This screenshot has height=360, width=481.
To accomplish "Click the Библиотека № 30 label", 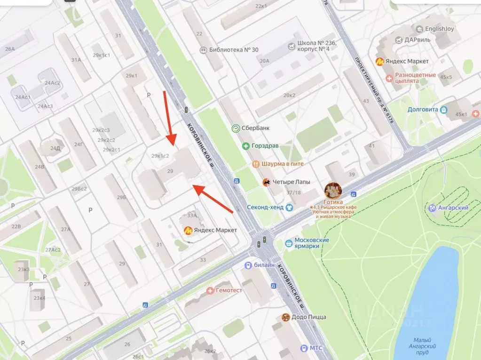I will coord(234,50).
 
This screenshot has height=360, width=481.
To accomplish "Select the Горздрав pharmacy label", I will coord(264,146).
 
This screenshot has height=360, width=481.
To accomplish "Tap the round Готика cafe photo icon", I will coord(333,189).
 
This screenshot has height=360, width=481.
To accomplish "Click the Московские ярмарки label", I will coord(312,243).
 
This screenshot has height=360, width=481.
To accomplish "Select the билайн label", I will coord(265,265).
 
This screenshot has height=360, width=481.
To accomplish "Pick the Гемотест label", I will coord(229,290).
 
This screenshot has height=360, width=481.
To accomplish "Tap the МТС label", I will coord(316,348).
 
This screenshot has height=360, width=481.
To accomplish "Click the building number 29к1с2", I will coord(160,156).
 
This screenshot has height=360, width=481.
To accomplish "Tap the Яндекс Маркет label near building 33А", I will coord(216,230).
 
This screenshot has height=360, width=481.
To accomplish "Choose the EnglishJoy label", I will coord(439,29).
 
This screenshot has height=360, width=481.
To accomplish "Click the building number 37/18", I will coord(293,193).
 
